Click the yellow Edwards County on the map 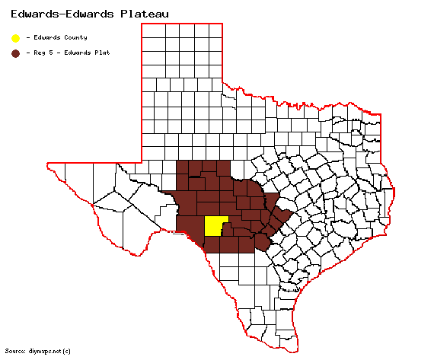[215, 227]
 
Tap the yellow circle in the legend [15, 38]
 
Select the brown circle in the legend [15, 53]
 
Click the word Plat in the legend [103, 53]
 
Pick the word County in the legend [75, 38]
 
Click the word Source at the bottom [14, 351]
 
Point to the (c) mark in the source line [66, 351]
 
